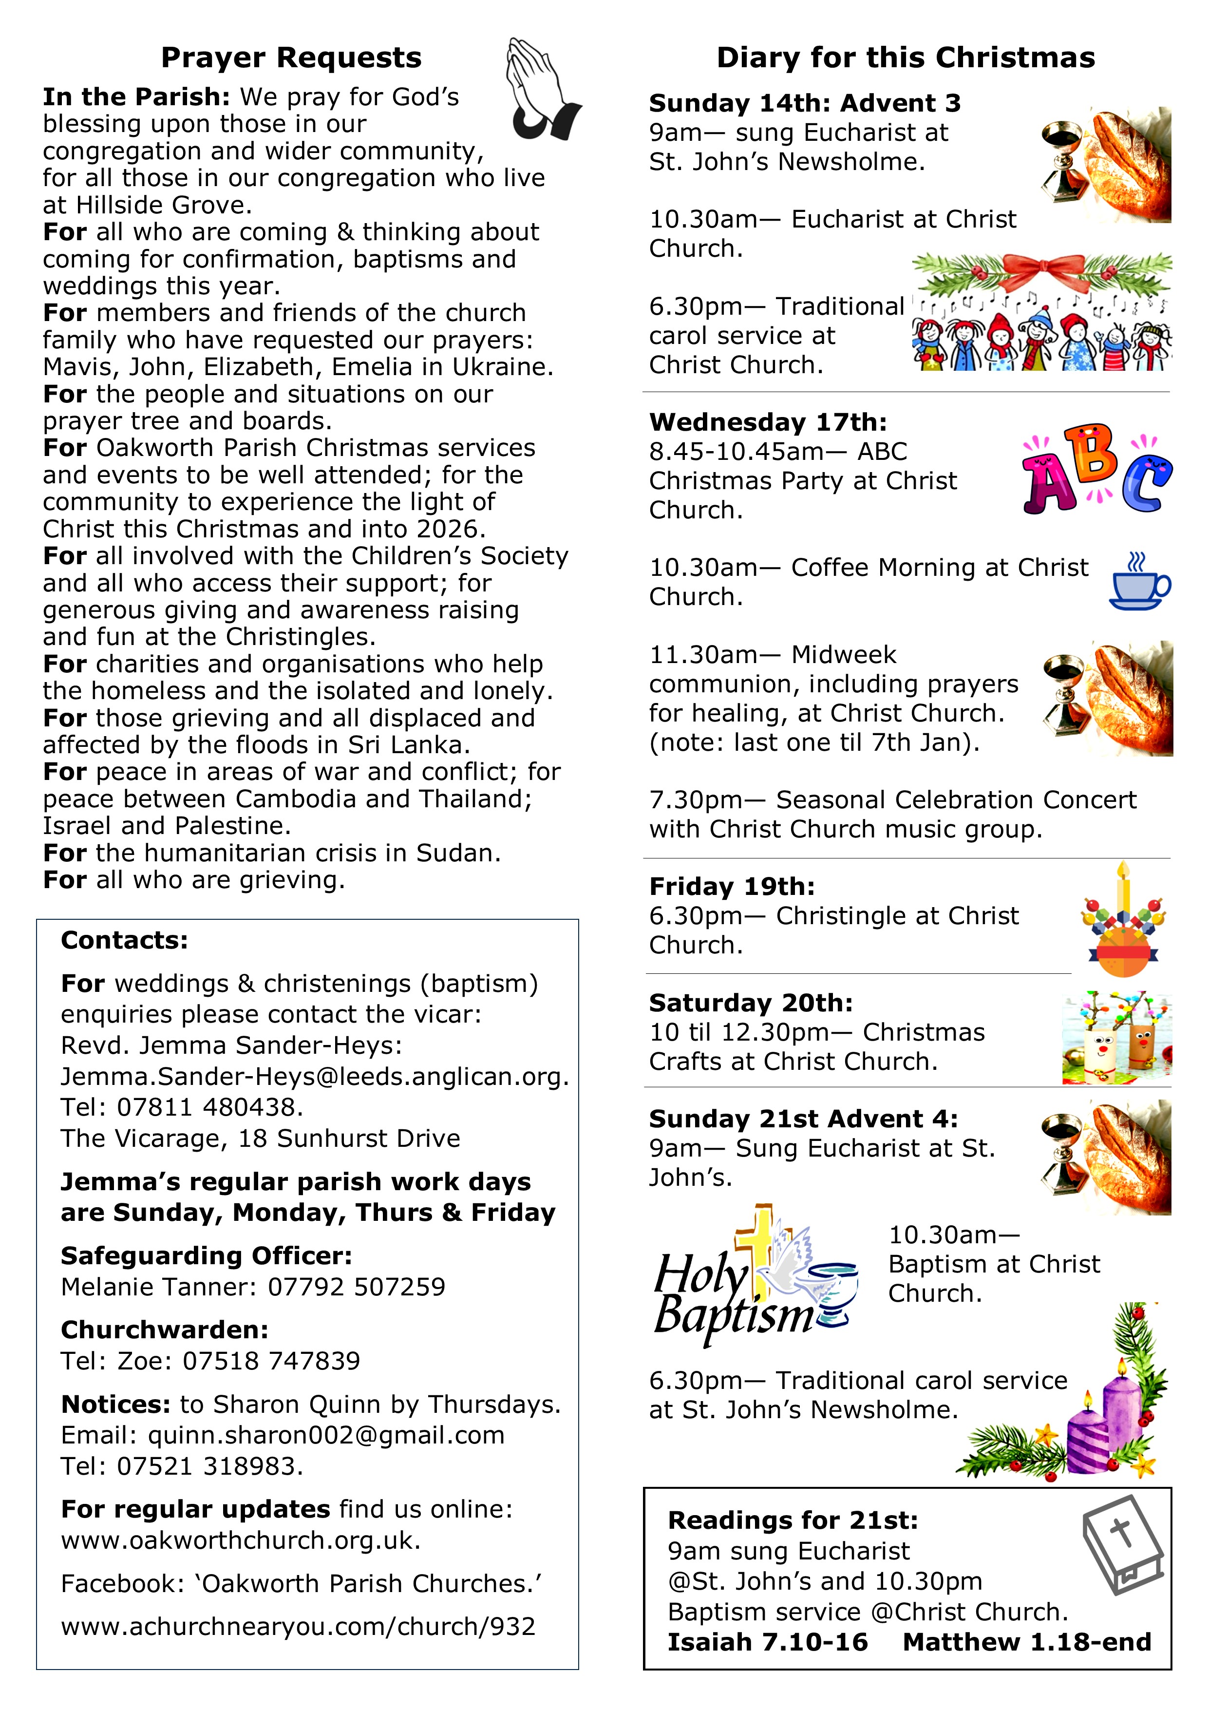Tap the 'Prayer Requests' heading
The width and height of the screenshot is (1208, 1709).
pyautogui.click(x=291, y=58)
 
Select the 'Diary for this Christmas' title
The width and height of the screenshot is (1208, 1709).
pyautogui.click(x=905, y=58)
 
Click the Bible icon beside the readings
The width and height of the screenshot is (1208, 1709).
pyautogui.click(x=1122, y=1544)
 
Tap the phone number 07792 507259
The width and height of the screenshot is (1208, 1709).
pyautogui.click(x=357, y=1287)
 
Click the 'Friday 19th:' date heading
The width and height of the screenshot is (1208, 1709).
pyautogui.click(x=732, y=887)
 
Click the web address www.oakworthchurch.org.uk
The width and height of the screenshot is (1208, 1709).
pyautogui.click(x=241, y=1540)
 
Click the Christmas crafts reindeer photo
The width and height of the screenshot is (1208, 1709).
pyautogui.click(x=1116, y=1037)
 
